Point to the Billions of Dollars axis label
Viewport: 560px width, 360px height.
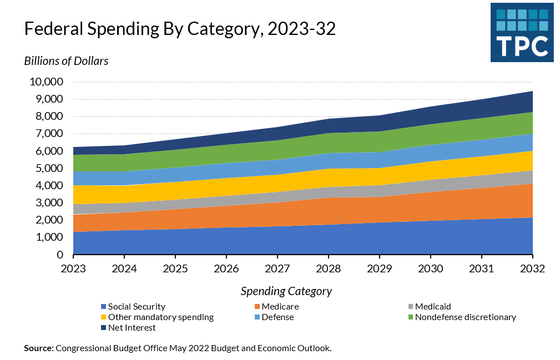[66, 61]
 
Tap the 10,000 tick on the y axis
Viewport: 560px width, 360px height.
[45, 82]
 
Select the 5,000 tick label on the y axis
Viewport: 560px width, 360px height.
[48, 168]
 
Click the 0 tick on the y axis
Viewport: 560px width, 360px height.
[59, 255]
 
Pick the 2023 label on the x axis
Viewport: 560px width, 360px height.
[73, 268]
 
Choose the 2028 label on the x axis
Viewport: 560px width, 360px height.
[329, 268]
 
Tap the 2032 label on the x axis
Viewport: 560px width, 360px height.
[532, 268]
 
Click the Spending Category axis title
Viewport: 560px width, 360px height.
[286, 291]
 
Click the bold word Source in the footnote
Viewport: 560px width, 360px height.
[38, 348]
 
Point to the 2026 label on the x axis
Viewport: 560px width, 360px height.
[226, 268]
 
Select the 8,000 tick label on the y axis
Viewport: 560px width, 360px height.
[48, 116]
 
